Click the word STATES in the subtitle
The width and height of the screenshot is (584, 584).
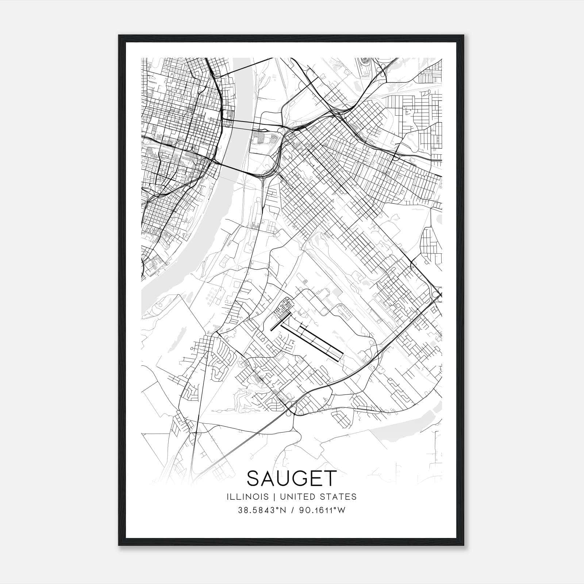(340, 497)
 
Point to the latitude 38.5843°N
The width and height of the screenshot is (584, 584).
(261, 510)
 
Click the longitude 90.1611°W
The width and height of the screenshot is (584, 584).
(322, 510)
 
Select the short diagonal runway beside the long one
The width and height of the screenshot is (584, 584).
(280, 323)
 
